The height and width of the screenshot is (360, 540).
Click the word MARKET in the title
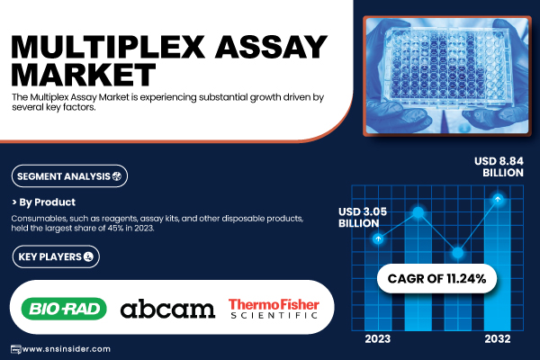click(x=84, y=75)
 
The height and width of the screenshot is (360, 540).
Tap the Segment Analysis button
click(x=69, y=176)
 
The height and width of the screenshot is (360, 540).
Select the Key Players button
click(x=56, y=256)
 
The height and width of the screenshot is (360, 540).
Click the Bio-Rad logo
click(x=64, y=309)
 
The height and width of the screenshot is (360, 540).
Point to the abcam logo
click(x=167, y=309)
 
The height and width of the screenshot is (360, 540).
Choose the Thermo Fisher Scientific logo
click(x=274, y=309)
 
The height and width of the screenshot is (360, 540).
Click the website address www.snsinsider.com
click(x=66, y=349)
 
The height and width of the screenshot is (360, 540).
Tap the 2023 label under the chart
click(x=378, y=339)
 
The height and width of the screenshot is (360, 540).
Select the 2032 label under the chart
click(x=498, y=339)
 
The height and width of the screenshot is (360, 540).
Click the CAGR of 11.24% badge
click(x=436, y=278)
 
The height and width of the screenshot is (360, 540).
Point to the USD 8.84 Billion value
click(x=499, y=166)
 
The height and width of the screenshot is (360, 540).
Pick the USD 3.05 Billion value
click(x=363, y=218)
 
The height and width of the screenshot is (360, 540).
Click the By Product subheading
click(x=43, y=202)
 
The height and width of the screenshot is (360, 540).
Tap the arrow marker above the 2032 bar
click(x=498, y=199)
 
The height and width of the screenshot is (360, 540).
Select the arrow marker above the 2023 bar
click(x=378, y=238)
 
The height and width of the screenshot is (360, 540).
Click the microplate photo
click(x=447, y=76)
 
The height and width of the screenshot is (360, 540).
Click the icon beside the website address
click(x=16, y=349)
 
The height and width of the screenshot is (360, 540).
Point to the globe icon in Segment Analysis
click(x=117, y=176)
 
